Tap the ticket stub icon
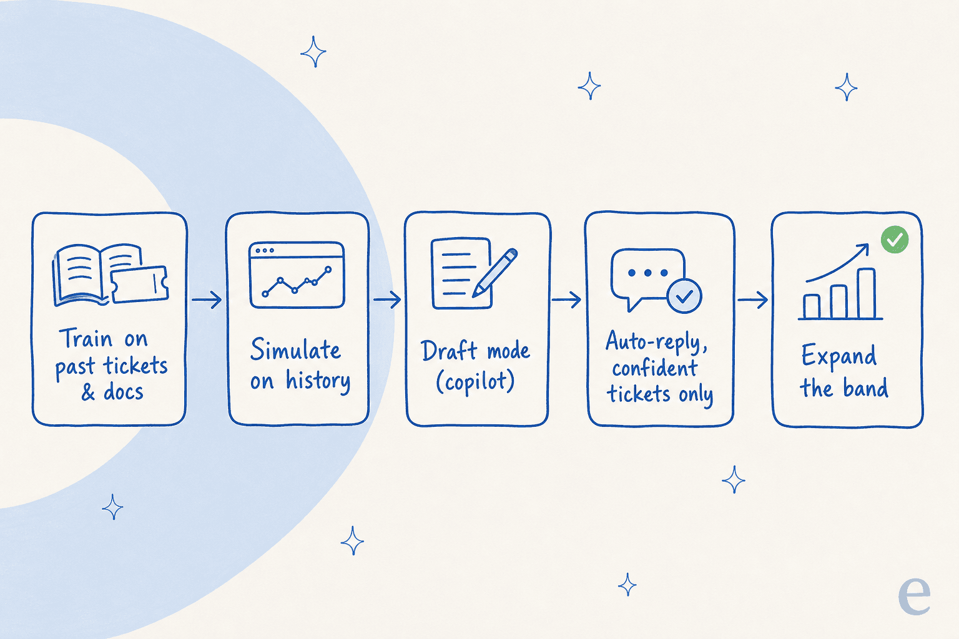tap(139, 284)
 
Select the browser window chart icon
tap(297, 275)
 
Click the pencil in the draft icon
tap(495, 273)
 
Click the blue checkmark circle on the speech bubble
tap(684, 296)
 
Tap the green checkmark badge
tap(895, 240)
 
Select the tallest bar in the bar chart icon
tap(867, 293)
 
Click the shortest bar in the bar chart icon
tap(811, 306)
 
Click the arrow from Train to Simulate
tap(207, 299)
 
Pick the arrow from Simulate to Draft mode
tap(387, 299)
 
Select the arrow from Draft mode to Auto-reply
tap(566, 299)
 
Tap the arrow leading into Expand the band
tap(752, 299)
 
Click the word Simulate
tap(296, 349)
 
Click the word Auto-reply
tap(656, 343)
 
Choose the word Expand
tap(839, 356)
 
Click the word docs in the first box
tap(123, 392)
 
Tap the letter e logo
tap(914, 595)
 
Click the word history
tap(318, 381)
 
